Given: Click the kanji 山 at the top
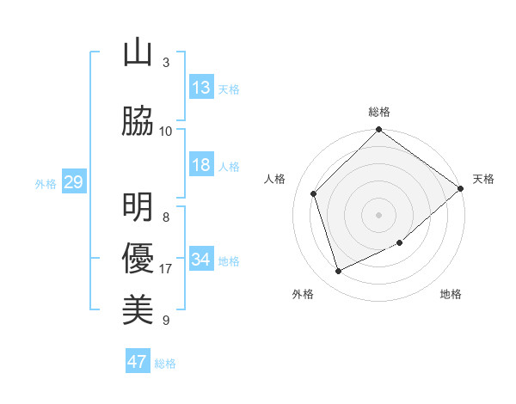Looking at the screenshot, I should pyautogui.click(x=138, y=52).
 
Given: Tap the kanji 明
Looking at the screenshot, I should pyautogui.click(x=138, y=207).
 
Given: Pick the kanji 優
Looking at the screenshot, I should pyautogui.click(x=138, y=259).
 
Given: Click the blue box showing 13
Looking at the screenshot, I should pyautogui.click(x=201, y=88).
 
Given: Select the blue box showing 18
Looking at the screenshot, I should pyautogui.click(x=201, y=165).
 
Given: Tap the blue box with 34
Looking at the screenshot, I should pyautogui.click(x=201, y=260).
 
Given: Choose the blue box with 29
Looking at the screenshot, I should pyautogui.click(x=73, y=182).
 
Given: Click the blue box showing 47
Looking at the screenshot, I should pyautogui.click(x=138, y=362).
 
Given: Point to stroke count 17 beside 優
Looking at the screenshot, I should pyautogui.click(x=166, y=269).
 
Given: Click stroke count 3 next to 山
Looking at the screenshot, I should pyautogui.click(x=166, y=62).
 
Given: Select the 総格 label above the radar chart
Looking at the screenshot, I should pyautogui.click(x=379, y=112).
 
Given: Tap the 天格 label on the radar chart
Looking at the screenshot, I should pyautogui.click(x=483, y=179).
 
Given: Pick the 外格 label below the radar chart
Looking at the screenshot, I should pyautogui.click(x=303, y=294).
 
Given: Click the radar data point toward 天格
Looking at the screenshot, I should pyautogui.click(x=460, y=188).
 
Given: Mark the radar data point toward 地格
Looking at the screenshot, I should pyautogui.click(x=400, y=243).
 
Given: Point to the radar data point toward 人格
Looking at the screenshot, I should pyautogui.click(x=314, y=193).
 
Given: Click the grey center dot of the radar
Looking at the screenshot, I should pyautogui.click(x=379, y=214).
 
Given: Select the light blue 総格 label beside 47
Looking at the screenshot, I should pyautogui.click(x=165, y=364).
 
